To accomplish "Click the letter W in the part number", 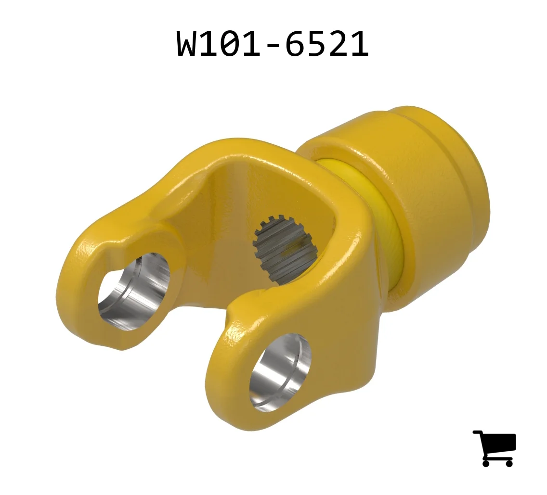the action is pyautogui.click(x=189, y=43).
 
